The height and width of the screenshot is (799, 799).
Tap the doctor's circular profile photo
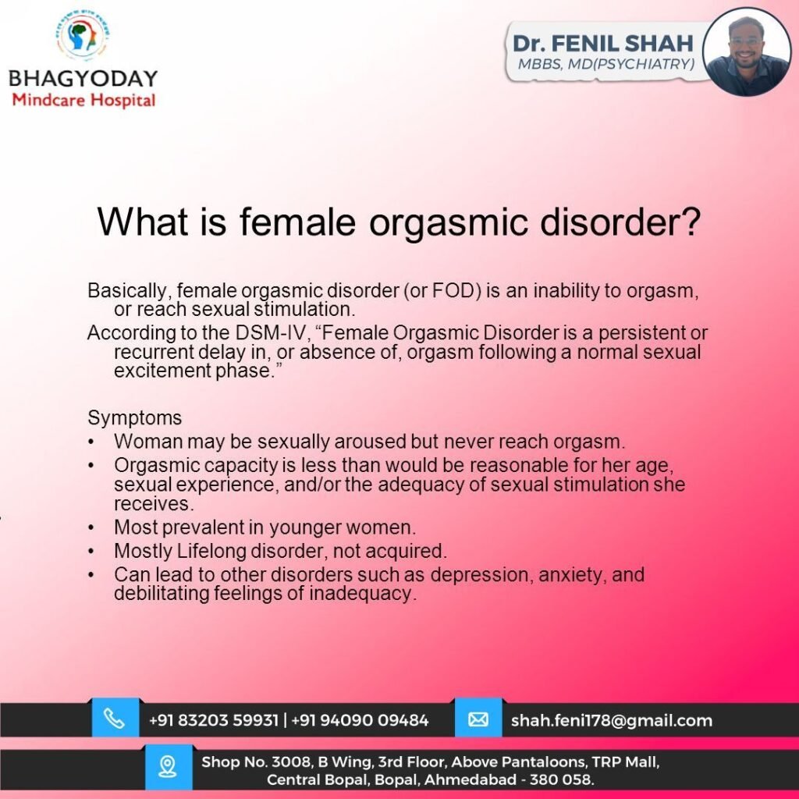pyautogui.click(x=747, y=51)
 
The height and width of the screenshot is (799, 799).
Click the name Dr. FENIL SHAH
pyautogui.click(x=603, y=44)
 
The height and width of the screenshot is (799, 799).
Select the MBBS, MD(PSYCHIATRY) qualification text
pyautogui.click(x=605, y=64)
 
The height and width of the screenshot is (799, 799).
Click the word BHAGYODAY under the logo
pyautogui.click(x=83, y=79)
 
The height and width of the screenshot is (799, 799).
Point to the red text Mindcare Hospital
pyautogui.click(x=83, y=101)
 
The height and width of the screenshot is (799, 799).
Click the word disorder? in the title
pyautogui.click(x=620, y=222)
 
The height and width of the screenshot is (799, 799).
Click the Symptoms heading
pyautogui.click(x=134, y=418)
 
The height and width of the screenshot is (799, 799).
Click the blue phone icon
pyautogui.click(x=115, y=719)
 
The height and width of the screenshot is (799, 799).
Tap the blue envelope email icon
pyautogui.click(x=478, y=719)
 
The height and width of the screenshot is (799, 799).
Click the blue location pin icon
pyautogui.click(x=168, y=767)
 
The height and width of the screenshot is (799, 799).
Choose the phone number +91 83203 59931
pyautogui.click(x=214, y=720)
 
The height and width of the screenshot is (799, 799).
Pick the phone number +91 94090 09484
pyautogui.click(x=360, y=720)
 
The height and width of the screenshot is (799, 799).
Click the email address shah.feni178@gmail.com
pyautogui.click(x=612, y=720)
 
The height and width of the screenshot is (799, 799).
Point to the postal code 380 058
pyautogui.click(x=561, y=779)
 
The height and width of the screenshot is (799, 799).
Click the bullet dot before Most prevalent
pyautogui.click(x=91, y=527)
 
